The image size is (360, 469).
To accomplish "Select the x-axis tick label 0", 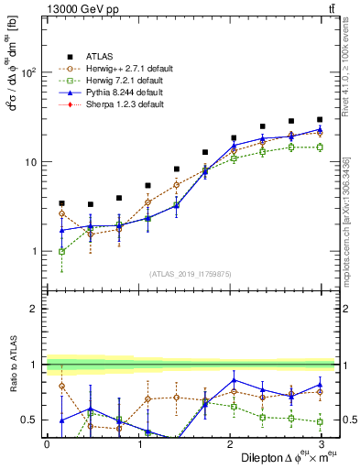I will (x=47, y=444).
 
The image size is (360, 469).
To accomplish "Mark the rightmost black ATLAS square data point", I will (x=320, y=119).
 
